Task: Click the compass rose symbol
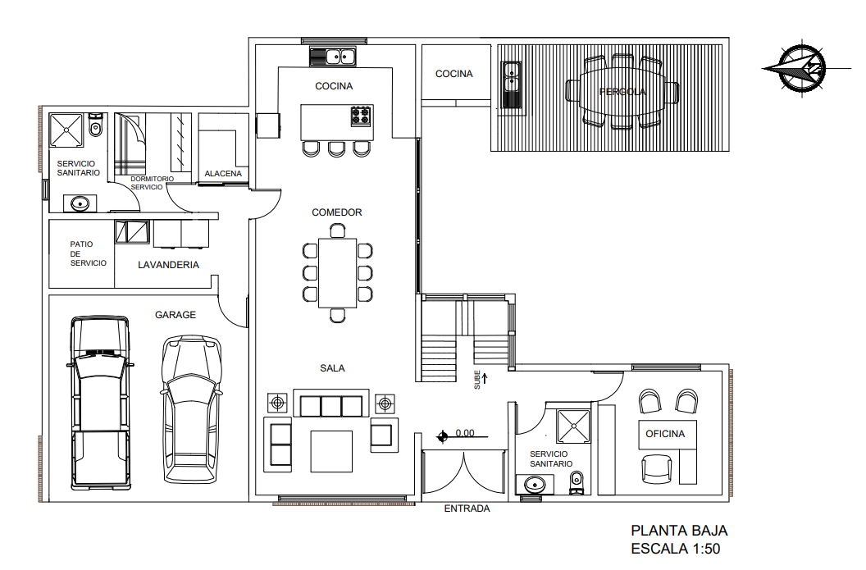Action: click(x=795, y=68)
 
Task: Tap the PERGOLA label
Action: click(x=622, y=92)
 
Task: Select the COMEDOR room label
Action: click(x=336, y=212)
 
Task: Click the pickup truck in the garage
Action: click(x=100, y=402)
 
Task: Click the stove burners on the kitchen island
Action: click(x=361, y=116)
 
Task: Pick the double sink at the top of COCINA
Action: click(x=332, y=57)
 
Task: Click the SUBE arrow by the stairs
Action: click(x=485, y=379)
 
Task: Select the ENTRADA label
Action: click(x=467, y=508)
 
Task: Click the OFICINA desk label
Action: click(x=664, y=434)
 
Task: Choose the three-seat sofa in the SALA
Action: click(x=331, y=405)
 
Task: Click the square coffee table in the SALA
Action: click(x=331, y=451)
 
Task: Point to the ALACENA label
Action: click(x=223, y=174)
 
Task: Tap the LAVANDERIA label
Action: click(x=168, y=265)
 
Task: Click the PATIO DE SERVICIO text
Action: click(x=88, y=253)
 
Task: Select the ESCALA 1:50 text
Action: click(x=675, y=549)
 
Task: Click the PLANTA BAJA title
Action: click(x=678, y=531)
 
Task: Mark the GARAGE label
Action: click(x=175, y=315)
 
